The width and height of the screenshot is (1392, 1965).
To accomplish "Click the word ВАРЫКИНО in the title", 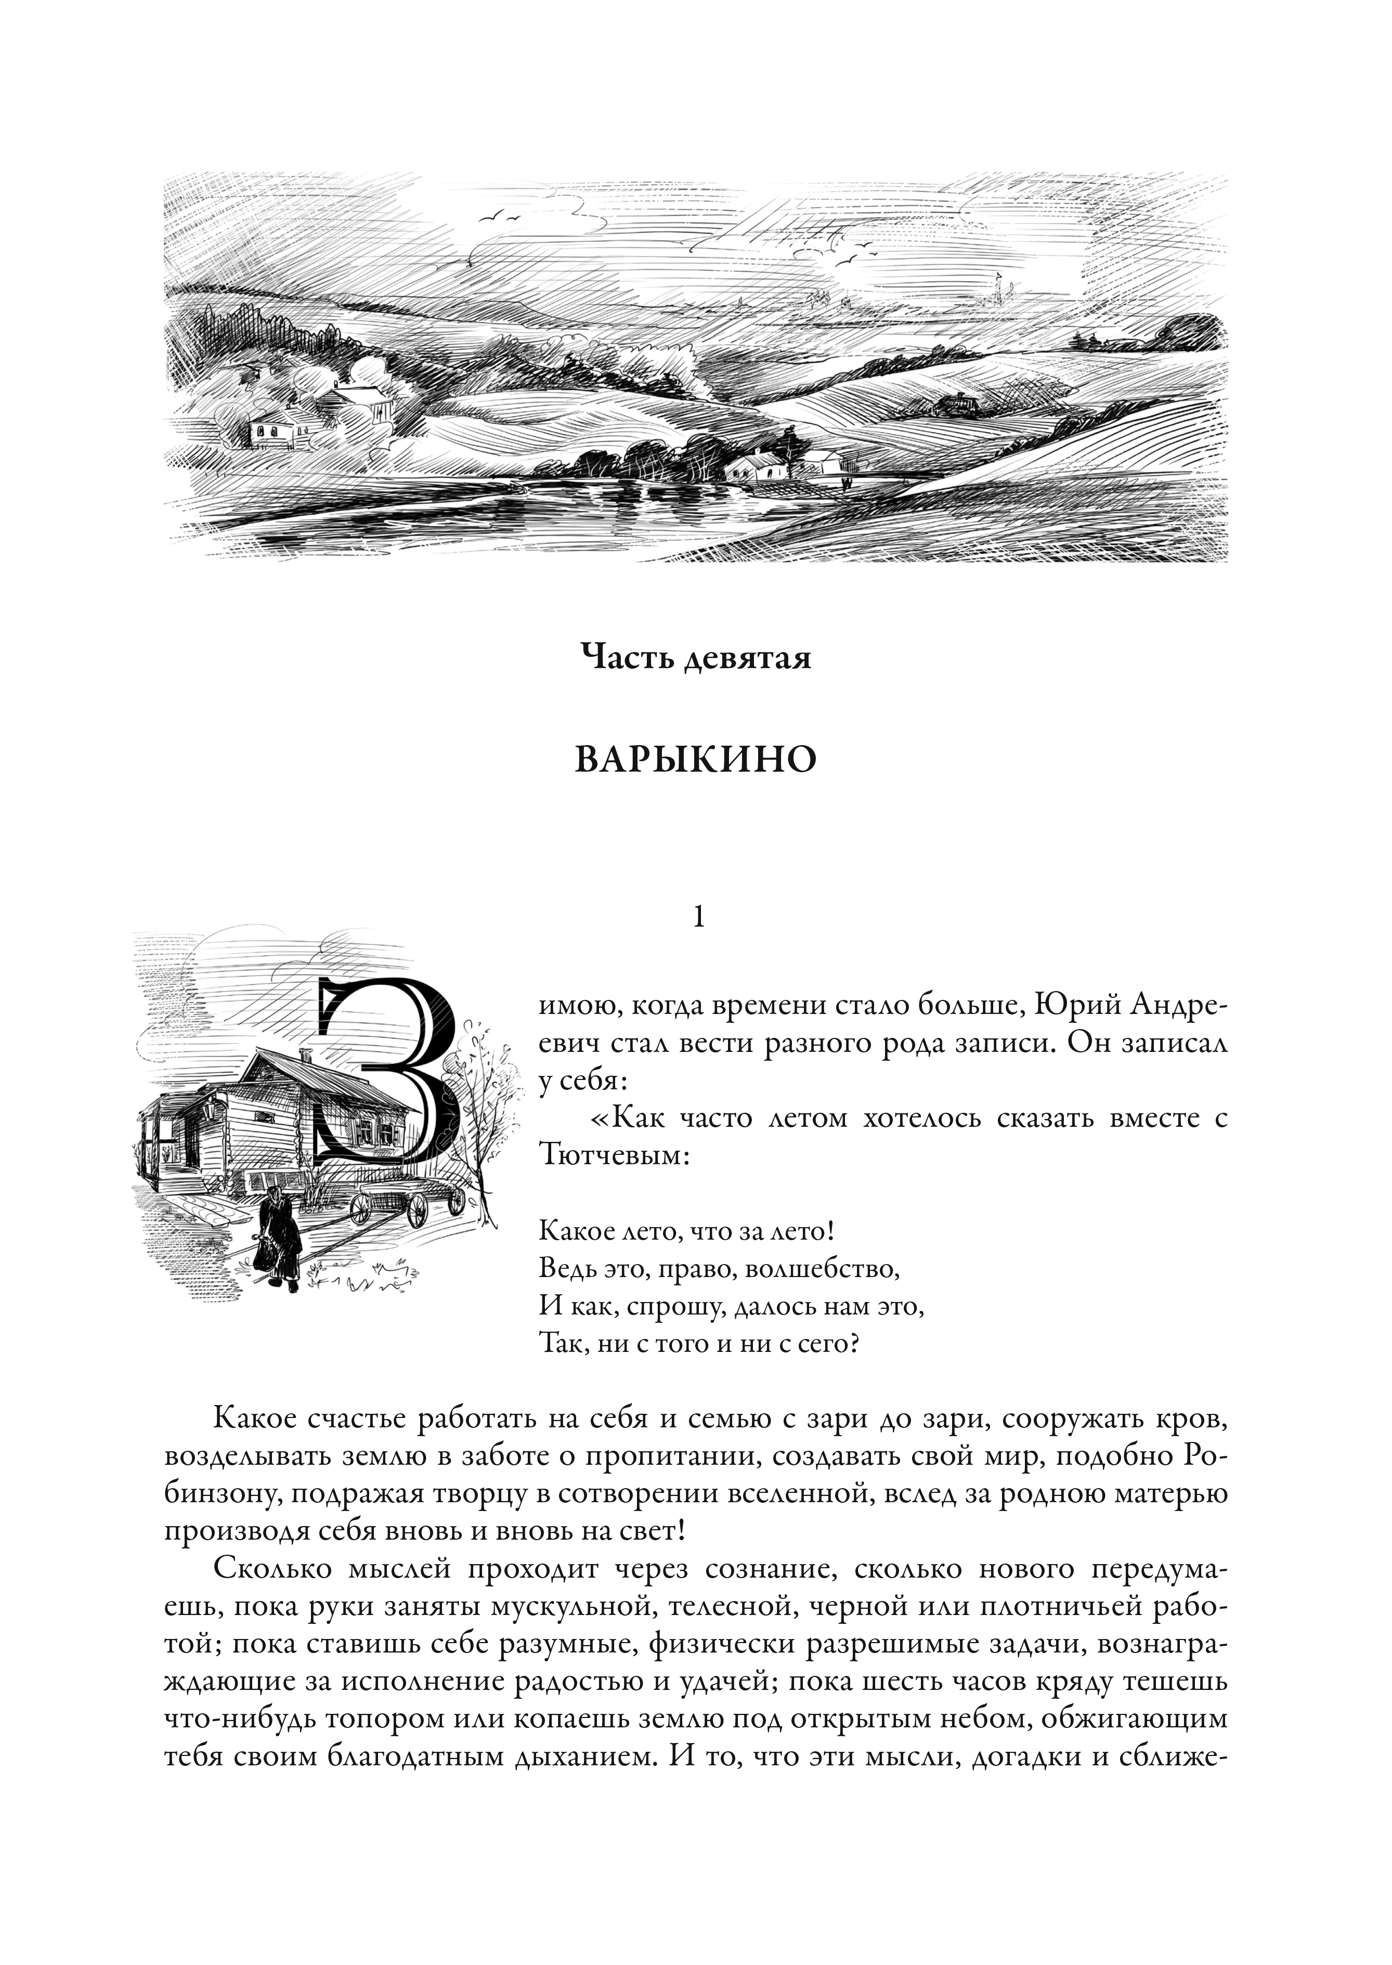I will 695,760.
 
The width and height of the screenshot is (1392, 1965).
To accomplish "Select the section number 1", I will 698,918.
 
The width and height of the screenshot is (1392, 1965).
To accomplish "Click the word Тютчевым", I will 614,1154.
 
